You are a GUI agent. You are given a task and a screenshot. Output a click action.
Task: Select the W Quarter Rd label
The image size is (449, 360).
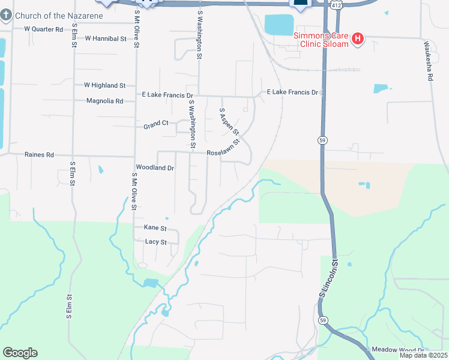coord(43,29)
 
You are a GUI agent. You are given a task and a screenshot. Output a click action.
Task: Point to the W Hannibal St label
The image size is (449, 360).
coord(106,38)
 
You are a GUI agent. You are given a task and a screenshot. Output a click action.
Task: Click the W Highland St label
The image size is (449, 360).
coord(104,86)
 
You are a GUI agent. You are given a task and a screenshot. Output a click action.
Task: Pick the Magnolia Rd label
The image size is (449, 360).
coord(104,101)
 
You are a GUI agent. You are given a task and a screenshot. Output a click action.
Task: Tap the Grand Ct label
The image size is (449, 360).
coord(155,124)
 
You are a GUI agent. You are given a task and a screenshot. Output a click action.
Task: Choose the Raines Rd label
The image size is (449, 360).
coord(39,155)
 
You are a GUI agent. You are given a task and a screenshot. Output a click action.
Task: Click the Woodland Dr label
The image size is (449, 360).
coord(155,168)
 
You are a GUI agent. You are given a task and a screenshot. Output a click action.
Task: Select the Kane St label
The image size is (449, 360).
coord(154,227)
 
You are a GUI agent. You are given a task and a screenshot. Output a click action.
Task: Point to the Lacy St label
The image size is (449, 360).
coord(155,242)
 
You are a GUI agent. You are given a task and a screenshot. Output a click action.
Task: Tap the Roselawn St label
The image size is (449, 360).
coord(223,149)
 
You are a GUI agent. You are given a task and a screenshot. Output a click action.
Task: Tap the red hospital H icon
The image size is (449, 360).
coord(358,40)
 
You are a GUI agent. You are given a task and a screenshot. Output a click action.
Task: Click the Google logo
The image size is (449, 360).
coord(20,352)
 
